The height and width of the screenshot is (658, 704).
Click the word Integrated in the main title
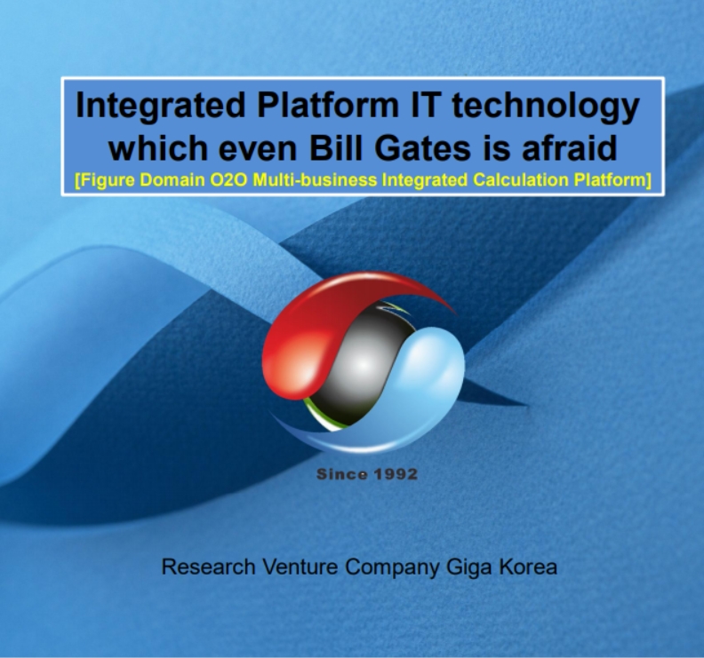point(161,107)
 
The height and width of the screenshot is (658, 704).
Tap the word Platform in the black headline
point(328,105)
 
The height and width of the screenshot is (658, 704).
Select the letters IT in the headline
point(425,105)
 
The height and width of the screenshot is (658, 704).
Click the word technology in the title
point(545,107)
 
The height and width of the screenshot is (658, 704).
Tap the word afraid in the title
point(569,148)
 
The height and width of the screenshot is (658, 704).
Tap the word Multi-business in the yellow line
point(315,180)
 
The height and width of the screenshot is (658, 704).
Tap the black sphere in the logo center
point(362,366)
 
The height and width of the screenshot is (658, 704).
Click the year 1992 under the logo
point(396,474)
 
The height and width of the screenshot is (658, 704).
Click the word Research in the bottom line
point(208,567)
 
